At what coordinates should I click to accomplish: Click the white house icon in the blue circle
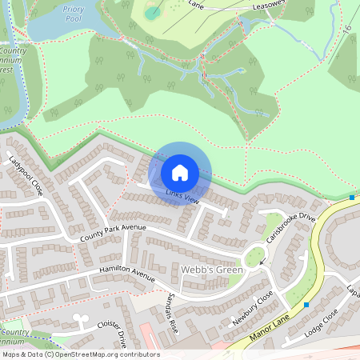coord(180,172)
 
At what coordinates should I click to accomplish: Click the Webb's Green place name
coord(211,270)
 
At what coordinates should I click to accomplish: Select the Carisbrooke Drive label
coord(291,229)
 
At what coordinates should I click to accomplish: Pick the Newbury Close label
coord(254,306)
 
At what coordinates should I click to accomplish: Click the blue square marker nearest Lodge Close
coord(306,304)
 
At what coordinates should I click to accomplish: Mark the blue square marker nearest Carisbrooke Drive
coord(352,198)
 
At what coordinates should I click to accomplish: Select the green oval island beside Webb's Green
coord(255,258)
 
